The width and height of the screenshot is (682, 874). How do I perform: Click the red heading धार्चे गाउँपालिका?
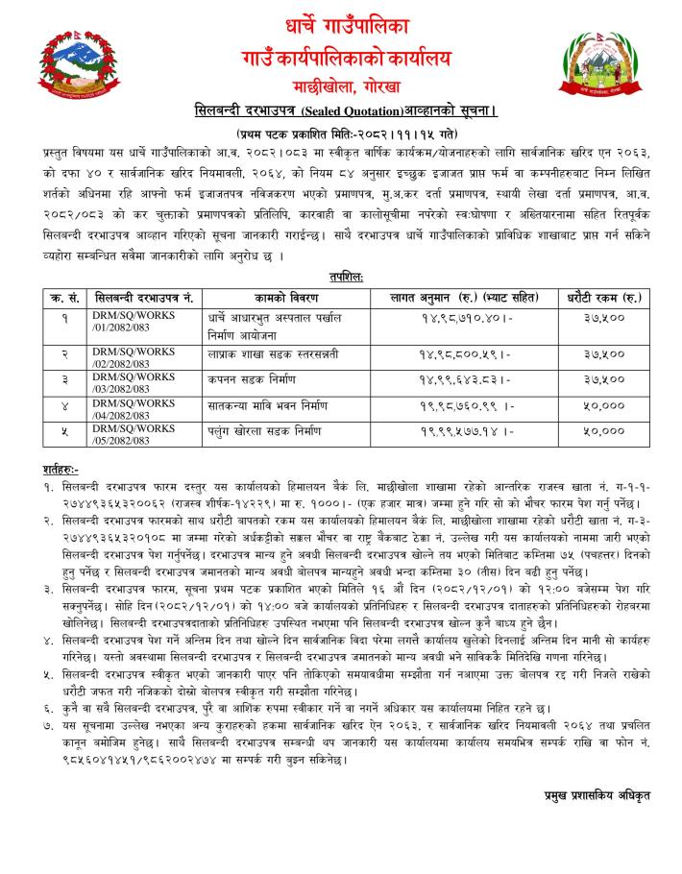point(342,22)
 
